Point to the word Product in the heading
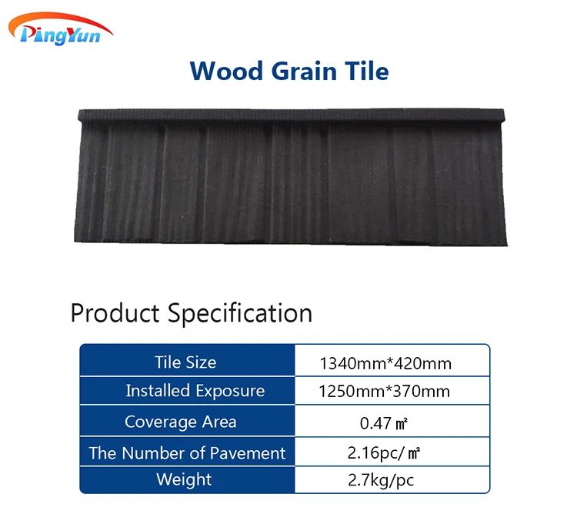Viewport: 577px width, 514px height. pyautogui.click(x=115, y=314)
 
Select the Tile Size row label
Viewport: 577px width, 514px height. pyautogui.click(x=185, y=362)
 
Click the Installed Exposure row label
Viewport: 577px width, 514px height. pyautogui.click(x=195, y=391)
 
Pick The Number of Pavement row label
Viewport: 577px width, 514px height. pyautogui.click(x=187, y=452)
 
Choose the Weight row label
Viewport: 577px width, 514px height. pyautogui.click(x=184, y=479)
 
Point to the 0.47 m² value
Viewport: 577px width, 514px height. pyautogui.click(x=385, y=422)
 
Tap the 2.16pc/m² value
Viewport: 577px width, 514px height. pyautogui.click(x=385, y=452)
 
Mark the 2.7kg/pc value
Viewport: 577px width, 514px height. pyautogui.click(x=385, y=480)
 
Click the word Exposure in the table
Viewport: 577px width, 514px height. pyautogui.click(x=228, y=391)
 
